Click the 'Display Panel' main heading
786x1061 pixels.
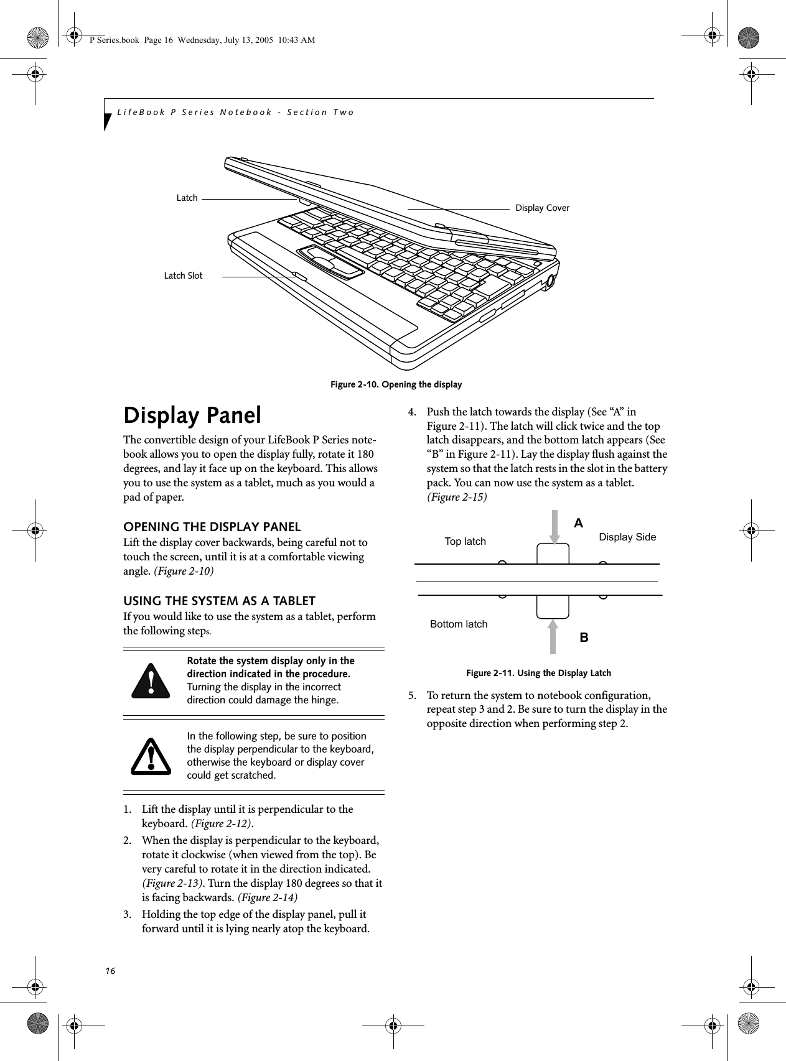pos(192,415)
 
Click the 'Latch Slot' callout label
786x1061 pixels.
pos(183,276)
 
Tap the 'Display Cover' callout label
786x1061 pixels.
pos(542,208)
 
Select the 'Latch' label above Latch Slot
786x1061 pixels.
pos(187,198)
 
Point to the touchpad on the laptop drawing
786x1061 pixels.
pos(331,261)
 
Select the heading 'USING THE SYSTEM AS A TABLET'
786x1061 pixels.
pos(219,601)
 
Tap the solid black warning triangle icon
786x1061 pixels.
pos(151,680)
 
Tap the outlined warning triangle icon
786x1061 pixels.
pos(151,756)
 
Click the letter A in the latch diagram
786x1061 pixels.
pos(579,524)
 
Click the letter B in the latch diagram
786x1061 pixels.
pos(584,638)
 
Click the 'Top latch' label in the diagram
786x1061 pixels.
pos(465,542)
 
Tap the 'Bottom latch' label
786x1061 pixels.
pos(459,624)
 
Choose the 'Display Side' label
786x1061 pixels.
pos(627,537)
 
